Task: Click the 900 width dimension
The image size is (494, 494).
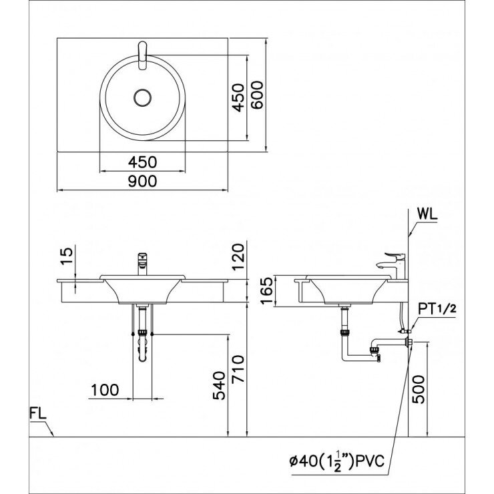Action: (x=144, y=181)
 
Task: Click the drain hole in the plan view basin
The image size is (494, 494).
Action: (x=143, y=97)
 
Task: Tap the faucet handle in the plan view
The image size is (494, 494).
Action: (x=142, y=55)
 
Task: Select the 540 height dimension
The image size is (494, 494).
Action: (x=221, y=386)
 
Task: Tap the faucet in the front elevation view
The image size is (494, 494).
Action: (x=142, y=264)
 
